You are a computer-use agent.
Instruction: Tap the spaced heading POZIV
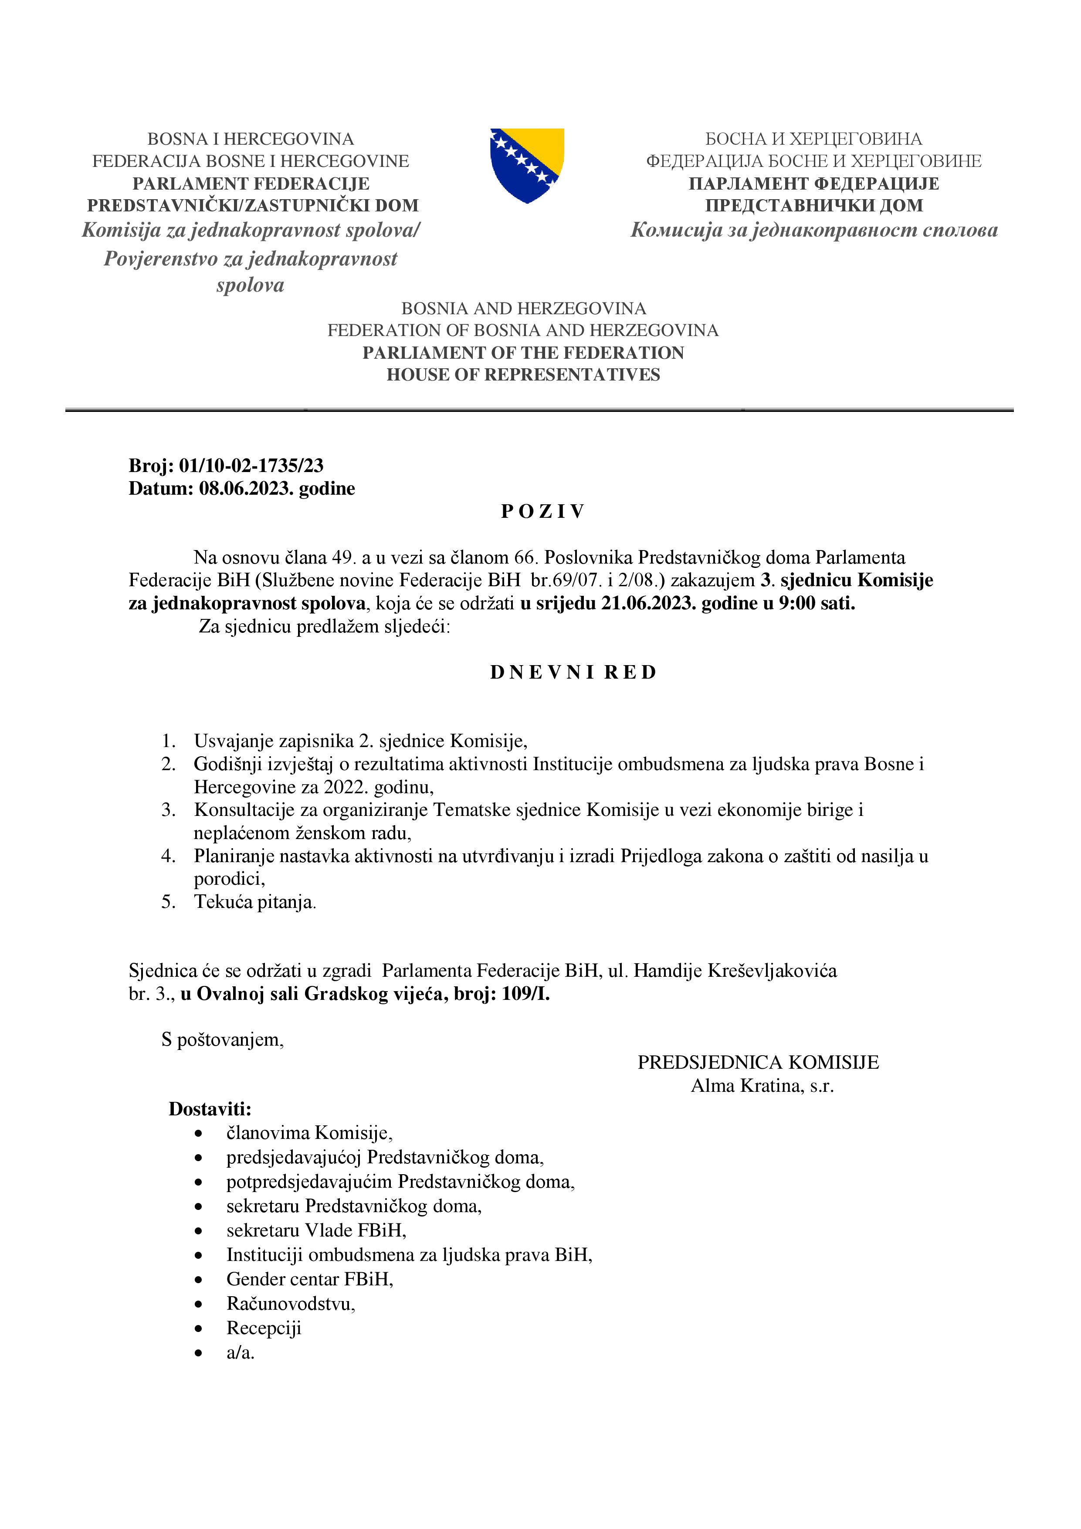pyautogui.click(x=542, y=511)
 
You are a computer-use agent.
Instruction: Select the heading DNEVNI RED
pyautogui.click(x=573, y=673)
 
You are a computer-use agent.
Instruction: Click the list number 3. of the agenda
pyautogui.click(x=169, y=810)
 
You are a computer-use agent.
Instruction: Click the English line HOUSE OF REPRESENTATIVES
pyautogui.click(x=523, y=375)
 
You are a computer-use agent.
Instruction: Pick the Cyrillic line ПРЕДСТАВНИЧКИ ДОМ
pyautogui.click(x=813, y=206)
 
